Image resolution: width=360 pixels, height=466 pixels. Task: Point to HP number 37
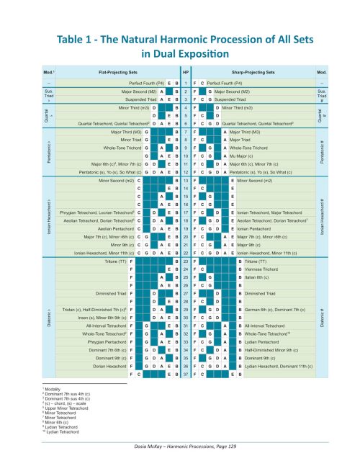click(x=185, y=375)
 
